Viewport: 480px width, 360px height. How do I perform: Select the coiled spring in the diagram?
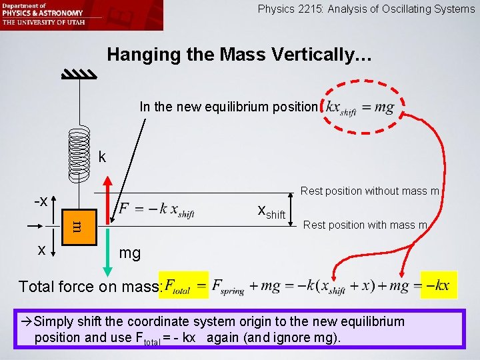pos(79,153)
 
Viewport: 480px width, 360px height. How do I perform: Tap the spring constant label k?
pos(102,158)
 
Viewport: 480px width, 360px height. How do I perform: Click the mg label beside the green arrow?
pos(130,253)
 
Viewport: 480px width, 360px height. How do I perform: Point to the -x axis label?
pos(41,201)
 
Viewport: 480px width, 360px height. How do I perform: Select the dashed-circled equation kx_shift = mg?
pos(359,107)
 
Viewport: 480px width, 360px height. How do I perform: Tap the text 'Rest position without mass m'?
pos(369,191)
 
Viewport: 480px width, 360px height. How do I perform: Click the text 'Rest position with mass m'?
pos(365,225)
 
